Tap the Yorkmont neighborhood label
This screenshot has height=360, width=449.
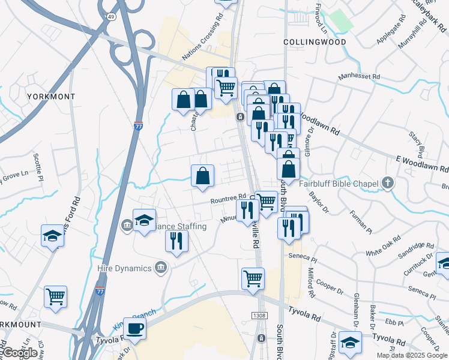click(x=50, y=97)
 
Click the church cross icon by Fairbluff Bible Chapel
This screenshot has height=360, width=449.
click(x=388, y=183)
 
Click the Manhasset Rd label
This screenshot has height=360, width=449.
click(x=359, y=77)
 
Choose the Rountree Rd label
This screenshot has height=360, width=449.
click(x=228, y=198)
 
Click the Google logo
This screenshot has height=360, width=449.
click(x=20, y=353)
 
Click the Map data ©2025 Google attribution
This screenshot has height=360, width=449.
click(x=411, y=355)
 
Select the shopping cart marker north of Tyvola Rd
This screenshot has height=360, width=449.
click(x=253, y=278)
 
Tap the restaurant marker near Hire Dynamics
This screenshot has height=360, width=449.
click(x=176, y=241)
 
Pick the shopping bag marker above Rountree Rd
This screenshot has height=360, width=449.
click(x=203, y=176)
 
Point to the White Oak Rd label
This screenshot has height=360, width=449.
click(x=383, y=249)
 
